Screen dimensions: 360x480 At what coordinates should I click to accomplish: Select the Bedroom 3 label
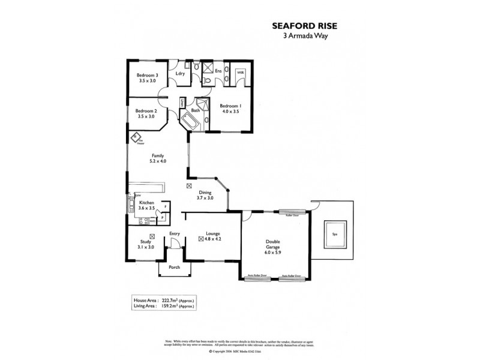(148, 75)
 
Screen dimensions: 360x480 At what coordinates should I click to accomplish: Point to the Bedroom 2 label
(146, 111)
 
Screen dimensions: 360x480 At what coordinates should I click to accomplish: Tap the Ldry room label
(179, 74)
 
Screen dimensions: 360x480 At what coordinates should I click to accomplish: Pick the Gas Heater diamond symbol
(136, 139)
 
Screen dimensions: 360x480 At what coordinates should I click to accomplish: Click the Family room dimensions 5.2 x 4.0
(158, 161)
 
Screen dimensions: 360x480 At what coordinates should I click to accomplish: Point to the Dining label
(206, 192)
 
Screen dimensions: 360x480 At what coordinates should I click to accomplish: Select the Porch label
(175, 267)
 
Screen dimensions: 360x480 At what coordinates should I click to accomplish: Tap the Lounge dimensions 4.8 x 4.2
(217, 239)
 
